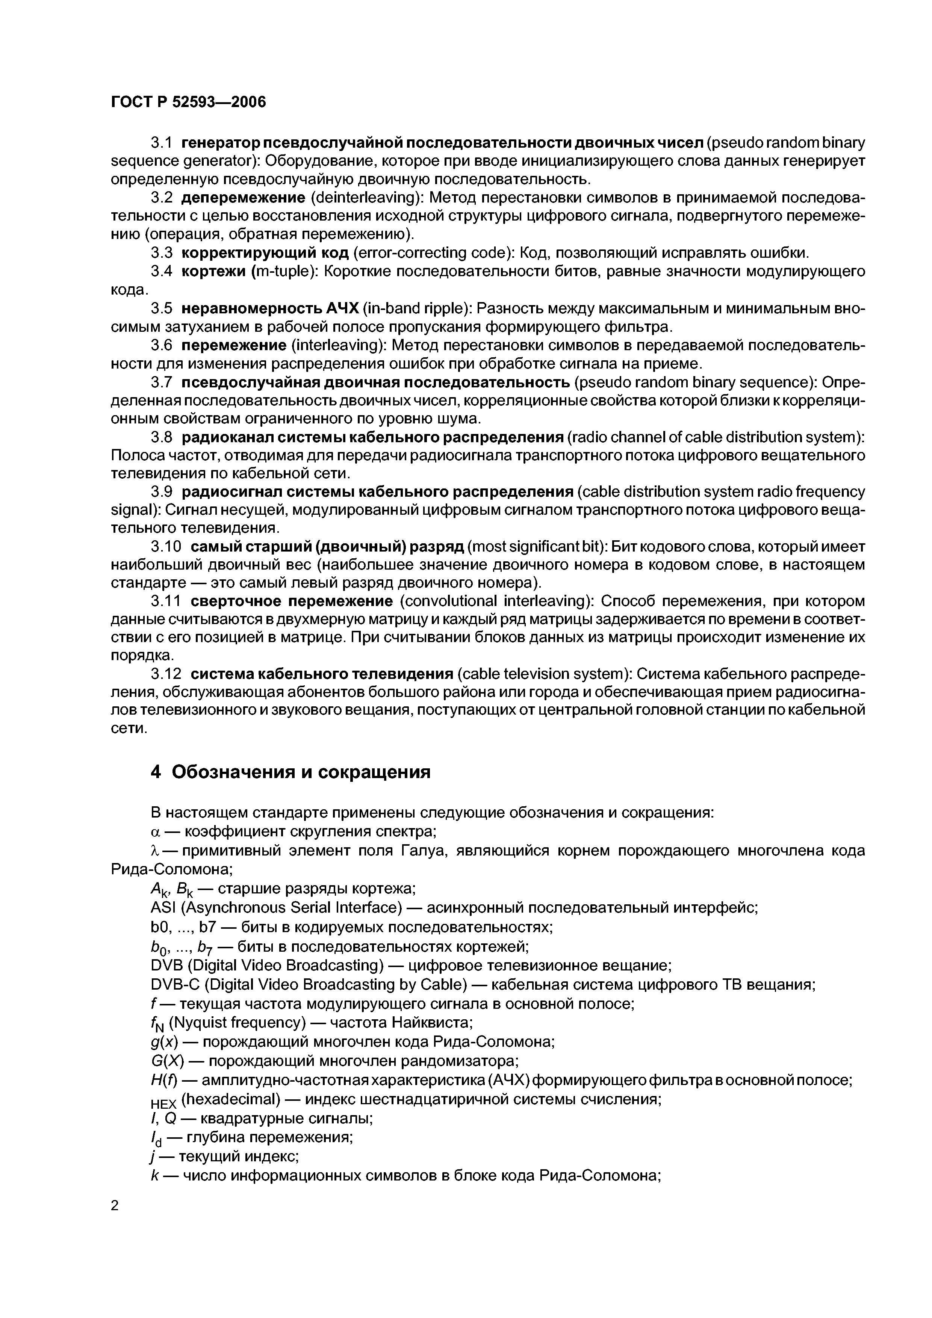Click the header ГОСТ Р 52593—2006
(x=188, y=102)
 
